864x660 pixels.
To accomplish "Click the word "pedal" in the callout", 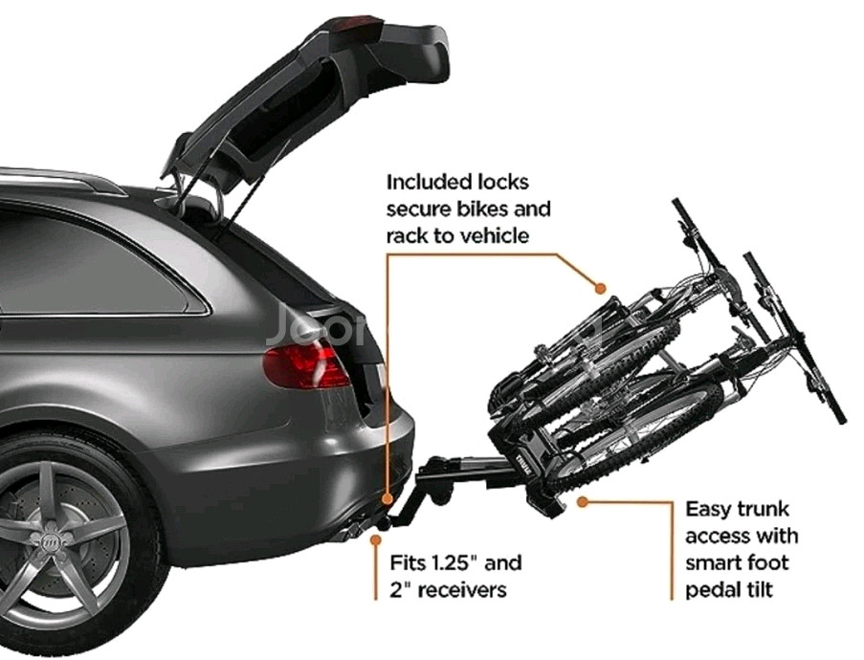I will (713, 589).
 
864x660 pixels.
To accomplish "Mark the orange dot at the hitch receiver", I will (387, 499).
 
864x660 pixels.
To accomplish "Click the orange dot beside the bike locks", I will (600, 286).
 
